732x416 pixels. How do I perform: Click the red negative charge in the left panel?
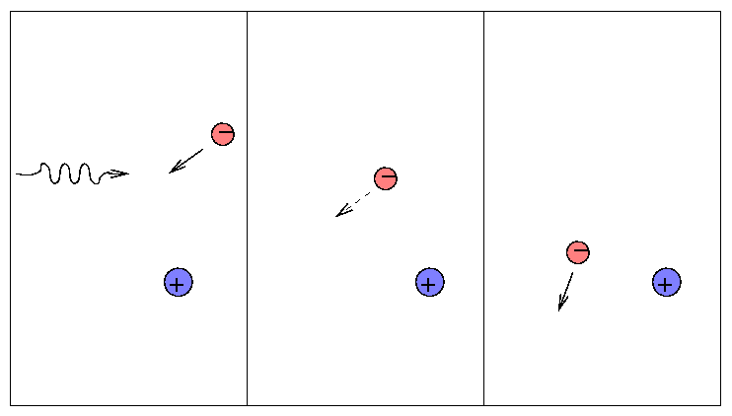pyautogui.click(x=223, y=134)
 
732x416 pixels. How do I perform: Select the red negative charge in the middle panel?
pyautogui.click(x=386, y=178)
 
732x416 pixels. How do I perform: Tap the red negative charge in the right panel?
pyautogui.click(x=578, y=252)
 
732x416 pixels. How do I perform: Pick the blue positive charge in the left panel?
pyautogui.click(x=178, y=283)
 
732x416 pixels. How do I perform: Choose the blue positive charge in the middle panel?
pyautogui.click(x=429, y=283)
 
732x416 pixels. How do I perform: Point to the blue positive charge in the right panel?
pyautogui.click(x=667, y=283)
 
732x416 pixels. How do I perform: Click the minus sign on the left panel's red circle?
pyautogui.click(x=225, y=132)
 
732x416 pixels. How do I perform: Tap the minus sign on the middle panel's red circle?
pyautogui.click(x=388, y=176)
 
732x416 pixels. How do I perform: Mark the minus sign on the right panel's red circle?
pyautogui.click(x=580, y=251)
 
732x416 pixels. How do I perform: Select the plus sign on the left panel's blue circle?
pyautogui.click(x=178, y=285)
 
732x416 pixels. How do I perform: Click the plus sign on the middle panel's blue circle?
pyautogui.click(x=429, y=285)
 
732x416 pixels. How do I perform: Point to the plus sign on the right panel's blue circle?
pyautogui.click(x=667, y=285)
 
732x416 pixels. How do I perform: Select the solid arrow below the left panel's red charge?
pyautogui.click(x=186, y=161)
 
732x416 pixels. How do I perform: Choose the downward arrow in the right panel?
pyautogui.click(x=565, y=292)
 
